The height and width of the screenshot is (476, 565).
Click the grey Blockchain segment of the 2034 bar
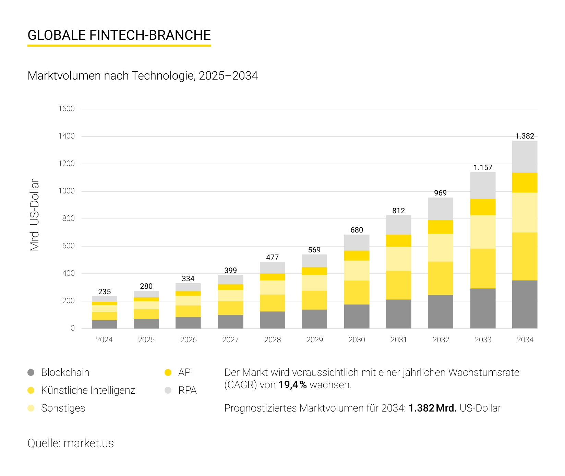tap(525, 304)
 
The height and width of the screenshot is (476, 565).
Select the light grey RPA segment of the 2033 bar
tap(483, 185)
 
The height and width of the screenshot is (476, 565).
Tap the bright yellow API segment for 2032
tap(440, 227)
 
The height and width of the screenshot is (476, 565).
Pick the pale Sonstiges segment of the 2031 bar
tap(398, 259)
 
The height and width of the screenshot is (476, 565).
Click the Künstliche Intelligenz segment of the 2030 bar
tap(357, 292)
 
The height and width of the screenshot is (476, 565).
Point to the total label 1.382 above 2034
tap(525, 136)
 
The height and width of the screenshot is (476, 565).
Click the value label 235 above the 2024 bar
tap(105, 292)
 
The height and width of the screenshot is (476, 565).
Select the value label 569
tap(314, 250)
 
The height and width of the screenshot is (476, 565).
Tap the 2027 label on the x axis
tap(230, 340)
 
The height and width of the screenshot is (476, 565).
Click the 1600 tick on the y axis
tap(67, 109)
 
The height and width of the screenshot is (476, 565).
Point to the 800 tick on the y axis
tap(69, 218)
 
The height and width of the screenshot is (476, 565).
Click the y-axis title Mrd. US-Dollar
tap(35, 215)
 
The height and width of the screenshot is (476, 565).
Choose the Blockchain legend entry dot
tap(31, 372)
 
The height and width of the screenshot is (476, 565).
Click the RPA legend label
tap(187, 390)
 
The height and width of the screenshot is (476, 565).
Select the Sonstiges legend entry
tap(63, 408)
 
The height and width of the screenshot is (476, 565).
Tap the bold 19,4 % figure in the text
tap(292, 385)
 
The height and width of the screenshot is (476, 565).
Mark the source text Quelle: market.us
tap(71, 443)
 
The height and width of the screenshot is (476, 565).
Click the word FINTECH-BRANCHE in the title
tap(150, 35)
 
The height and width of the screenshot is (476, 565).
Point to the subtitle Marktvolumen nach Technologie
tap(111, 76)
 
